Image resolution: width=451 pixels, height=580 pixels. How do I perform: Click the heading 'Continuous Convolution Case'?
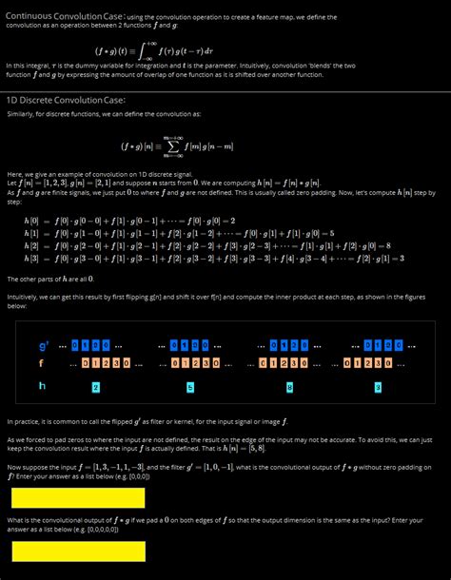coord(66,16)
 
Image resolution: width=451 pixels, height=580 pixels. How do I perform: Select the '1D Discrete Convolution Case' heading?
coord(66,99)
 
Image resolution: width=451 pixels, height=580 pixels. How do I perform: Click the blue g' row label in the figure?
coord(43,345)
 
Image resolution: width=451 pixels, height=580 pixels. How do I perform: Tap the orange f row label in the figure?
coord(42,362)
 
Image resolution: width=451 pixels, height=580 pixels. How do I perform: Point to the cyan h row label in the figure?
coord(42,385)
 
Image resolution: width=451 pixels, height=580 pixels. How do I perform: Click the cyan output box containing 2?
coord(95,387)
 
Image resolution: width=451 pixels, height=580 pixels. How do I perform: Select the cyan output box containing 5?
coord(190,387)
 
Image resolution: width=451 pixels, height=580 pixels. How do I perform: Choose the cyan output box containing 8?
coord(289,387)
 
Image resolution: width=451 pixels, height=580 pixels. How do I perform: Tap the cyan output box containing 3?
coord(378,387)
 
